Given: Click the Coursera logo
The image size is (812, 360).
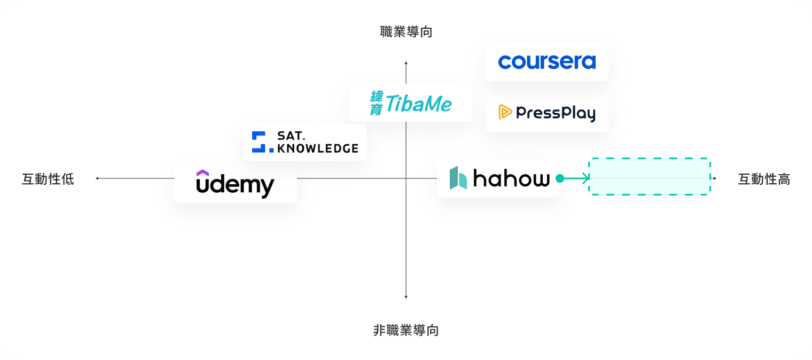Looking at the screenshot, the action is (546, 62).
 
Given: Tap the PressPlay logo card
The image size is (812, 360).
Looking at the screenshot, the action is (546, 113).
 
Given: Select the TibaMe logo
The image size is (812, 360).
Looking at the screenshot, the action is (411, 103).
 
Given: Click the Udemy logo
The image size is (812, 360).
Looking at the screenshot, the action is (235, 184).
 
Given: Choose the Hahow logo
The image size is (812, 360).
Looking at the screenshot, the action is (498, 178).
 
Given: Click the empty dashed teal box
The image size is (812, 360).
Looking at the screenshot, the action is (650, 176).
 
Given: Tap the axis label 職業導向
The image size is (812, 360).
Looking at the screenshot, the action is (406, 32).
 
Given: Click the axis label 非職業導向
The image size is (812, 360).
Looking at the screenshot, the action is (406, 331).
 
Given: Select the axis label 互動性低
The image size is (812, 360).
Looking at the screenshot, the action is (48, 179).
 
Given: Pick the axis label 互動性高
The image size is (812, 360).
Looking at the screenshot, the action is (764, 179).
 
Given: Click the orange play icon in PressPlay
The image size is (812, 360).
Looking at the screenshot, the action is (505, 112).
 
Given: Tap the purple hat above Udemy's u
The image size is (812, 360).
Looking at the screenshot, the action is (202, 173).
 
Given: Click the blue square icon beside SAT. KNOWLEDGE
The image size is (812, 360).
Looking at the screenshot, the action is (259, 142).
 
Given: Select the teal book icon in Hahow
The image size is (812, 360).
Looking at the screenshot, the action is (458, 178).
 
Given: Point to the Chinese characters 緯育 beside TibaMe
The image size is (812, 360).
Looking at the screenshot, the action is (377, 103).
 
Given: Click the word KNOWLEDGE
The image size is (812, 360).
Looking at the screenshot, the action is (317, 148).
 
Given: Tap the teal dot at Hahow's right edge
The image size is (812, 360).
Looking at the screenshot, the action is (559, 178).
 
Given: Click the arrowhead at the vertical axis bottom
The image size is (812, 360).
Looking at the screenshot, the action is (406, 296).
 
